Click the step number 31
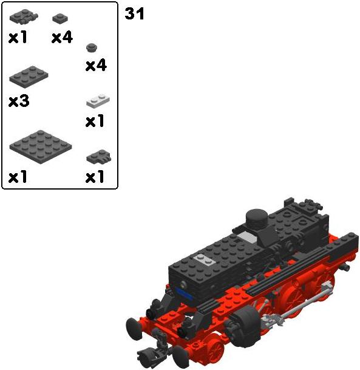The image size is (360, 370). pos(134,14)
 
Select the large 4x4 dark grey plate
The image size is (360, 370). pos(41,146)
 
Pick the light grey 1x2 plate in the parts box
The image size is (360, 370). pos(98,101)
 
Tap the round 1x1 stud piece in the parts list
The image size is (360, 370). pos(92,47)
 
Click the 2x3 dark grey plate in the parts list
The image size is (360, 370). pos(29,77)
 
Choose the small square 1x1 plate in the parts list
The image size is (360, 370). pos(60,19)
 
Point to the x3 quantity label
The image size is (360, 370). pos(19,101)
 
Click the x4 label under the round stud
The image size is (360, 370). pos(96,66)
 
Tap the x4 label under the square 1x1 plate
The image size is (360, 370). pos(62,38)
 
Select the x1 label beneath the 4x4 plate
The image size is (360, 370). pos(18,177)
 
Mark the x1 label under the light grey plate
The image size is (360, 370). pos(95,121)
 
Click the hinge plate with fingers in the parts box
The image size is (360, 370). pos(99,157)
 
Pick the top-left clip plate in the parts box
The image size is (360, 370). pos(24,16)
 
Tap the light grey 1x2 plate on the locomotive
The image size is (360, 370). pos(204,259)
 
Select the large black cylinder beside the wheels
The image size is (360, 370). pos(244,326)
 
